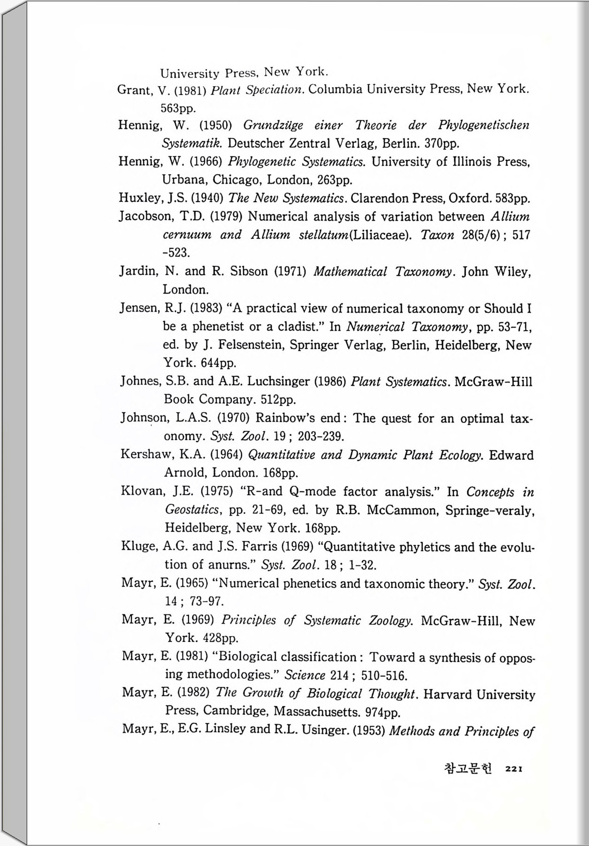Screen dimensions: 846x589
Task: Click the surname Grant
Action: click(x=134, y=90)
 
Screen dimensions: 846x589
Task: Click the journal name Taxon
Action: click(x=437, y=235)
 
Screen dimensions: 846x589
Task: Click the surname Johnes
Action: click(x=141, y=381)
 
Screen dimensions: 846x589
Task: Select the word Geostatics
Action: click(x=192, y=510)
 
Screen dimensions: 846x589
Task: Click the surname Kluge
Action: click(x=138, y=546)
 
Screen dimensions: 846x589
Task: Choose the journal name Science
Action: click(x=305, y=675)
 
